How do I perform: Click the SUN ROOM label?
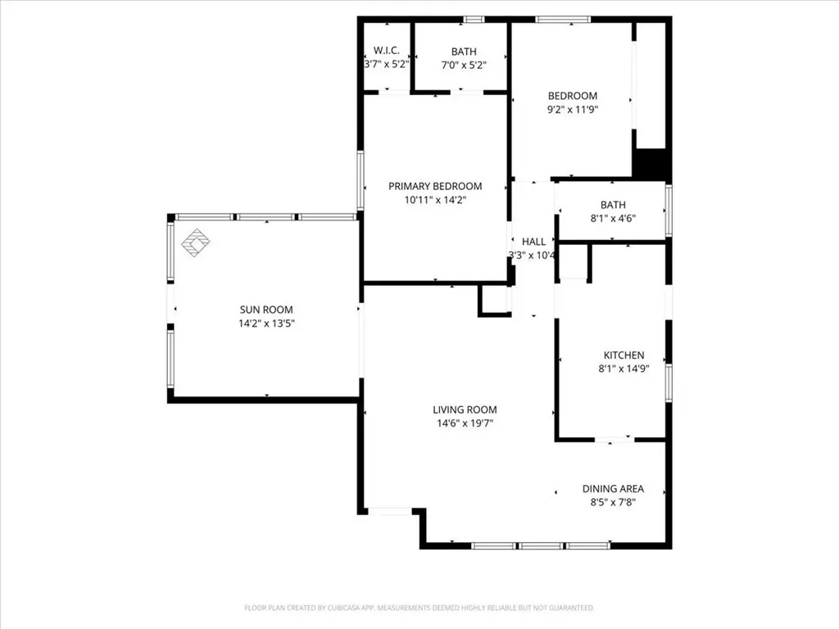pos(266,310)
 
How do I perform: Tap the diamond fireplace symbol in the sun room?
pos(195,242)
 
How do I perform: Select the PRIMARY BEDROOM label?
pos(435,186)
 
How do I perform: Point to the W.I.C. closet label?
pos(387,51)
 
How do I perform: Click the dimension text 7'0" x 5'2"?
pos(464,66)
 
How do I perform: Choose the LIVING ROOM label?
pos(465,410)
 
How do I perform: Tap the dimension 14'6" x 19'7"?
pos(465,423)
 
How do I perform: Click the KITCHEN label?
pos(624,355)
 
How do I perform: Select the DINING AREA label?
pos(613,489)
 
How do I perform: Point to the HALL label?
pos(533,242)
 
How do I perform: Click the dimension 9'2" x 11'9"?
pos(572,110)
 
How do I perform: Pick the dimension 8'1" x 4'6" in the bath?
pos(613,218)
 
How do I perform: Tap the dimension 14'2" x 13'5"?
pos(266,324)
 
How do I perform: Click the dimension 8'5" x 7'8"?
pos(613,502)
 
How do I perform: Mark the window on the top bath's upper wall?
pos(474,20)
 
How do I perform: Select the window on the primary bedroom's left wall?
pos(361,180)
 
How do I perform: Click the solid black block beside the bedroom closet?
pos(651,163)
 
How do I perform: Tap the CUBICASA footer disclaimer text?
pos(419,608)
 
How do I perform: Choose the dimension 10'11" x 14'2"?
pos(435,200)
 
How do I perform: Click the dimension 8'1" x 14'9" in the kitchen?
pos(624,369)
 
